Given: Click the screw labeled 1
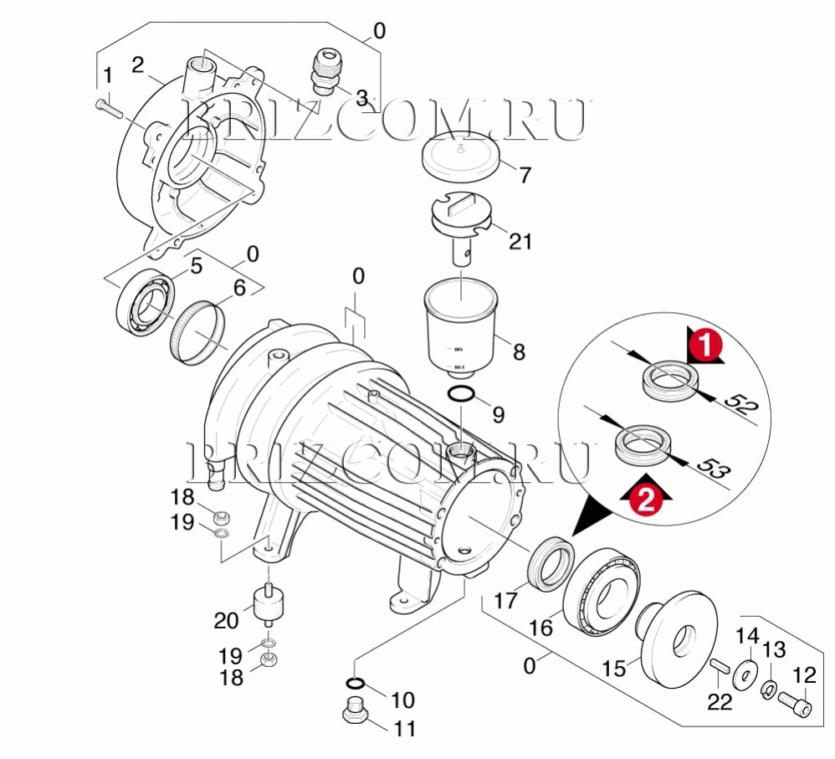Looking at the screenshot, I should pyautogui.click(x=109, y=106).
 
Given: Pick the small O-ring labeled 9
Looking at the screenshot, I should pyautogui.click(x=461, y=394).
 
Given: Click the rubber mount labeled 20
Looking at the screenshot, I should pyautogui.click(x=268, y=605).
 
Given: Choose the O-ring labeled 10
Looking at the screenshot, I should pyautogui.click(x=354, y=683).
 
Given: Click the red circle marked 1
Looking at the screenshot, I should pyautogui.click(x=704, y=344).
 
